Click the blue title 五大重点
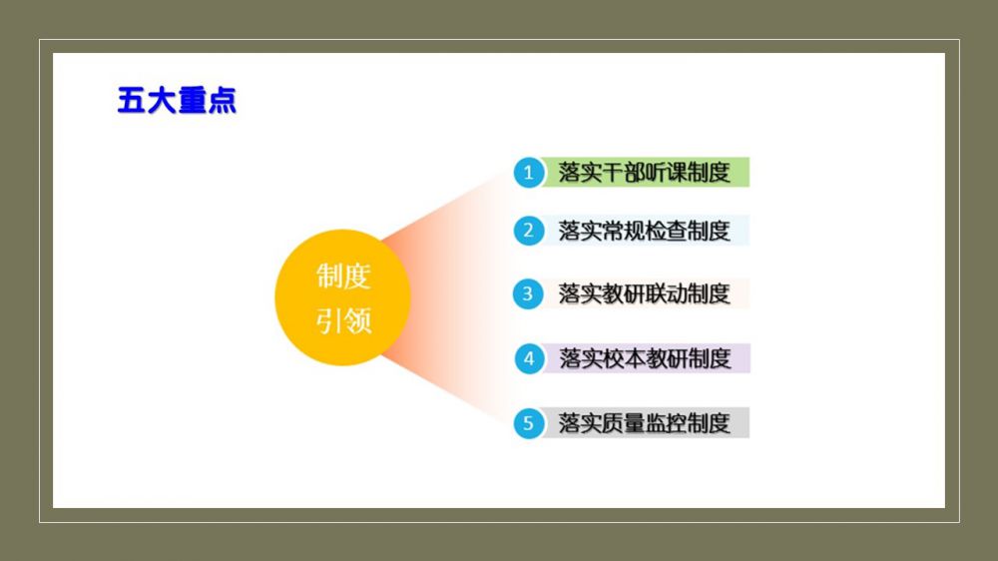(177, 100)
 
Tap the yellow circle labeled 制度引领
(342, 297)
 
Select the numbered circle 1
(528, 173)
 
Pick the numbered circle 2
(528, 231)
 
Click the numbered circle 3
(528, 293)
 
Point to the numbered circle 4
(529, 358)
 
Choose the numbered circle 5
(528, 423)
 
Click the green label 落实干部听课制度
(644, 172)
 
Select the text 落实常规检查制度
(644, 231)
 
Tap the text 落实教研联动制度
(644, 293)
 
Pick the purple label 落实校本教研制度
(645, 358)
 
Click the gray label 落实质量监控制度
(644, 423)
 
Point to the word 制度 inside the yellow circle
(343, 277)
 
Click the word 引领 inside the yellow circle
(343, 320)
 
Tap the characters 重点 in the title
(207, 100)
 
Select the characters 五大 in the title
(147, 100)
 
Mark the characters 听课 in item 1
(666, 172)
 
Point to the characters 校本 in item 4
(624, 358)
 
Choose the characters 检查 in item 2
(666, 231)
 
